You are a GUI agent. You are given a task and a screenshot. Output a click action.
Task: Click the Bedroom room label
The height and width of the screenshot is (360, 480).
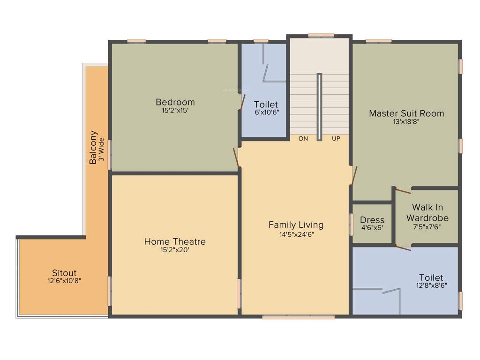tap(175, 102)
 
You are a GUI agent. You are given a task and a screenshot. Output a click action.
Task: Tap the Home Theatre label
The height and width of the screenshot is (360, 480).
tap(175, 241)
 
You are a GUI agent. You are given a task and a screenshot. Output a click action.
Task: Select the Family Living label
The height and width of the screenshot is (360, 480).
tap(296, 225)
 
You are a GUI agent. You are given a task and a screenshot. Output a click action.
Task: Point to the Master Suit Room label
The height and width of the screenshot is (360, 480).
tap(406, 113)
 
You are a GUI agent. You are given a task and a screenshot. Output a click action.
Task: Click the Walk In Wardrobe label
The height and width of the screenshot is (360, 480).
tap(427, 212)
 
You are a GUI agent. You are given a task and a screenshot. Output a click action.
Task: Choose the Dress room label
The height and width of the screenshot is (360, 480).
tap(372, 220)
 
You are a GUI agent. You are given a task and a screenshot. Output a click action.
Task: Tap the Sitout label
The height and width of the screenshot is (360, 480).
tap(64, 273)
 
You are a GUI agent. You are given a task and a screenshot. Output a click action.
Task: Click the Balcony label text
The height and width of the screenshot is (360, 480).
tap(93, 147)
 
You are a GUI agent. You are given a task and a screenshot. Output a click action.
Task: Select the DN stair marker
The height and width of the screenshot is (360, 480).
tap(303, 139)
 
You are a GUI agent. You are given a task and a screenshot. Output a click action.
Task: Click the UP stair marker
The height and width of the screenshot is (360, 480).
tap(336, 139)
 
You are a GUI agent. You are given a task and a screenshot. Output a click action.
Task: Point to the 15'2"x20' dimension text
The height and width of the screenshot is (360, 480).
tap(175, 250)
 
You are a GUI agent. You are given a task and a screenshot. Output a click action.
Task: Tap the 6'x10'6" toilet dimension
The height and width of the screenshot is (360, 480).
tap(266, 113)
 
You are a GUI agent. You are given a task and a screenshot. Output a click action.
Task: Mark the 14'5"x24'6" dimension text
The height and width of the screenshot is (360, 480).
tap(296, 234)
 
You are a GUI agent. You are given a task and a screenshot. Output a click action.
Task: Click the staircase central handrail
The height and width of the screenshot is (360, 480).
tap(319, 106)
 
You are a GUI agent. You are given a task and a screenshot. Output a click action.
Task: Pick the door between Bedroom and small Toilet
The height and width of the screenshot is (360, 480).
tap(242, 102)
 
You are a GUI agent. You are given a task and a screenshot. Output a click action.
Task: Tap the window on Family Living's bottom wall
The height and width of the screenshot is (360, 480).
tap(299, 317)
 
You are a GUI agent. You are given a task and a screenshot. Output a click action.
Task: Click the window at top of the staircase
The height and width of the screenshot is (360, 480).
tap(321, 35)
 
